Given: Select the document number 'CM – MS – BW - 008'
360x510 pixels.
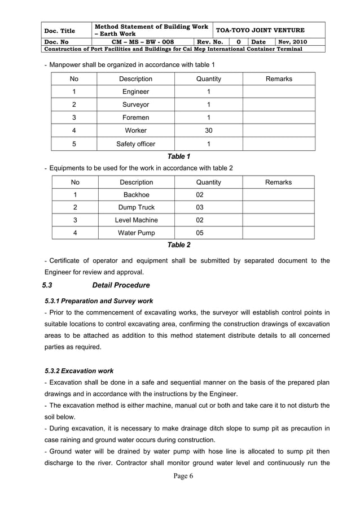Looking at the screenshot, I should [x=143, y=42].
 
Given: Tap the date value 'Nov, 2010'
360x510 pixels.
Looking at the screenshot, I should [x=292, y=42].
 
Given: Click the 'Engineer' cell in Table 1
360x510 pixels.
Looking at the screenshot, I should [x=135, y=91].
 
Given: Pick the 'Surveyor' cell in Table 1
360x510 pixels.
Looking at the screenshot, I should [x=135, y=104].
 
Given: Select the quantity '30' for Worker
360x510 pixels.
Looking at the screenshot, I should [x=208, y=130].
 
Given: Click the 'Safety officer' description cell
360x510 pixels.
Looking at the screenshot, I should [x=135, y=143].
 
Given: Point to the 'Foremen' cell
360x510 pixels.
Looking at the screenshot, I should [x=135, y=117].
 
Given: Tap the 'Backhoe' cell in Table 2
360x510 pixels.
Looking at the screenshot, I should [x=136, y=195].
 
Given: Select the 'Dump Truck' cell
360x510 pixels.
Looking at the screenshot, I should [x=136, y=207].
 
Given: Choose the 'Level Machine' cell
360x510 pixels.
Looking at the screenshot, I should [x=136, y=220].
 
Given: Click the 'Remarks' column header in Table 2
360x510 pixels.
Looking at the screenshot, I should [x=278, y=182].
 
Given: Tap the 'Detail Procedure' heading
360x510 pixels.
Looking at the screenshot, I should [x=121, y=285].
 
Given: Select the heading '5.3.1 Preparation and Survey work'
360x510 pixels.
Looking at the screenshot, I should [x=98, y=301].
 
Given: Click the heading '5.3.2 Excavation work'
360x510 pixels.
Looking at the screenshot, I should [x=78, y=371].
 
